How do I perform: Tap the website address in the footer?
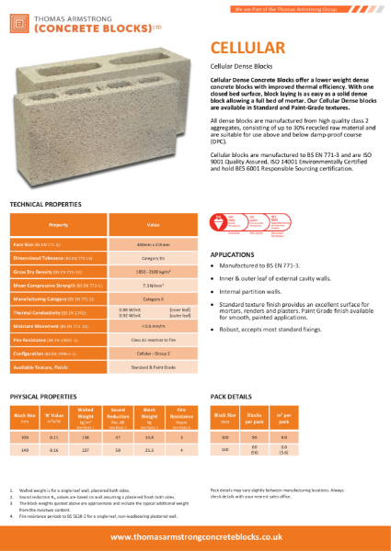(195, 536)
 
